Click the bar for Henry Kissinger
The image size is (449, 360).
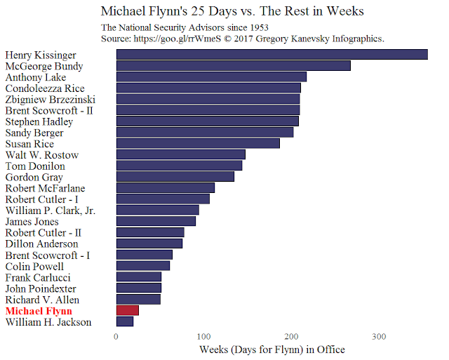[x=272, y=55]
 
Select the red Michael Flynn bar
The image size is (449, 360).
[x=128, y=310]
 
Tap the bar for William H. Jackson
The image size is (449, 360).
[x=125, y=321]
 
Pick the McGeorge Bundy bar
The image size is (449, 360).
[x=234, y=65]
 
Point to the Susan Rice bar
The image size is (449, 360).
[x=198, y=143]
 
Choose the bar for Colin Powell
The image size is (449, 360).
[x=143, y=266]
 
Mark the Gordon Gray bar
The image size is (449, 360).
[x=175, y=177]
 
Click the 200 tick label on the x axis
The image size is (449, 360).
[x=291, y=337]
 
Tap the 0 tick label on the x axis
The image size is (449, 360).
[x=116, y=337]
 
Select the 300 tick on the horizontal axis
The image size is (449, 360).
[x=379, y=337]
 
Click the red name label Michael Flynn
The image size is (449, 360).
[x=39, y=311]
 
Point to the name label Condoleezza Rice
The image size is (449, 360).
[x=45, y=88]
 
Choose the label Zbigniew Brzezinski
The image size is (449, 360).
[x=51, y=100]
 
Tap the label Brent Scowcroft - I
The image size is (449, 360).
[x=48, y=255]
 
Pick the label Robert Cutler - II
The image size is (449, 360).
[x=43, y=233]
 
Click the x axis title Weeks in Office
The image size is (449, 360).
[x=272, y=349]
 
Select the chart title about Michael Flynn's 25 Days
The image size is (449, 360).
[x=232, y=11]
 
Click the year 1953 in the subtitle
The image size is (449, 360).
[x=259, y=28]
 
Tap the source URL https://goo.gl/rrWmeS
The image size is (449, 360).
[x=177, y=39]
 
